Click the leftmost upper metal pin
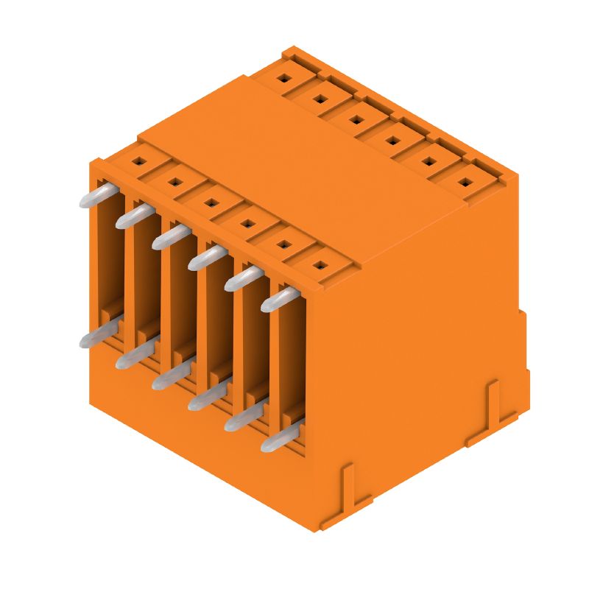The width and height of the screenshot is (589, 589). click(x=96, y=195)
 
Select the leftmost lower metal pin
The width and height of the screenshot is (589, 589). click(x=96, y=335)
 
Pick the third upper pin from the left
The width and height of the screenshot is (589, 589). click(x=170, y=236)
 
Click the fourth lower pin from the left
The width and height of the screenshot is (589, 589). click(x=206, y=398)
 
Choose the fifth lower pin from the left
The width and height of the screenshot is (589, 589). click(x=243, y=418)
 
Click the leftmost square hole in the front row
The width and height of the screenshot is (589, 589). click(x=137, y=158)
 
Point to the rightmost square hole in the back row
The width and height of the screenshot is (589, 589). click(x=465, y=180)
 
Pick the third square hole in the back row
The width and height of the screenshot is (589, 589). click(x=356, y=117)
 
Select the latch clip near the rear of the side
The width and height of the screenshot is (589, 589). click(x=492, y=409)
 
